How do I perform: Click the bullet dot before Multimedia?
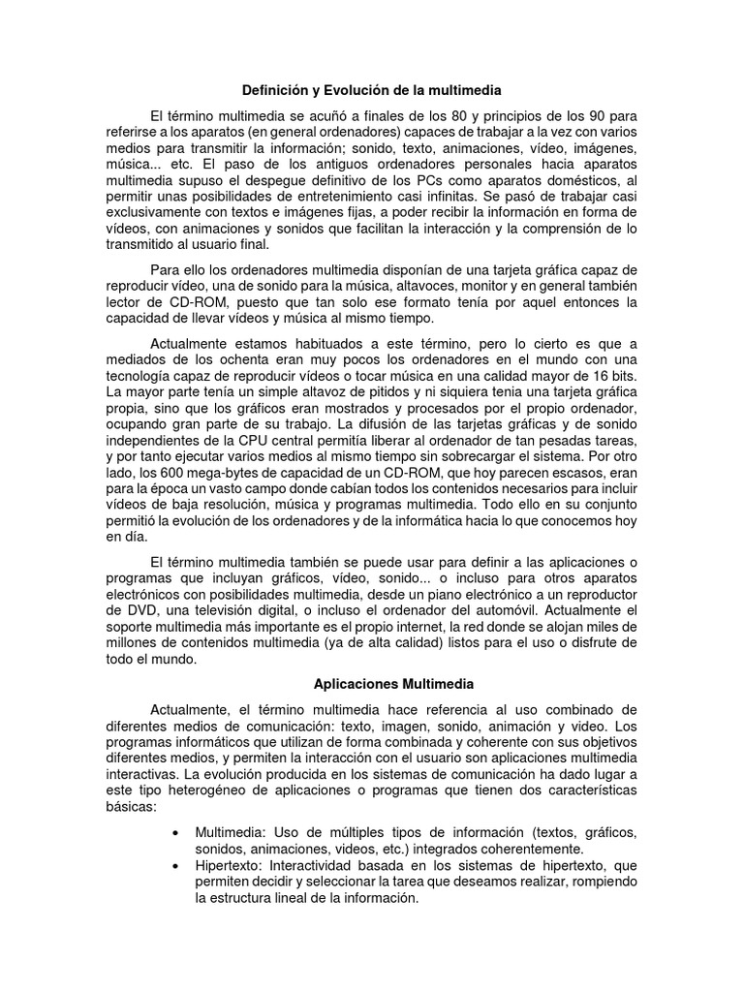tap(174, 833)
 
